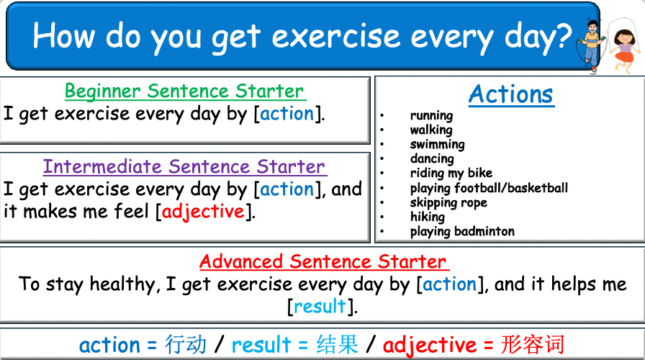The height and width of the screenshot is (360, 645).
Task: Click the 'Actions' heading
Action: (x=511, y=94)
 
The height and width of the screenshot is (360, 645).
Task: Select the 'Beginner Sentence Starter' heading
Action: (x=184, y=91)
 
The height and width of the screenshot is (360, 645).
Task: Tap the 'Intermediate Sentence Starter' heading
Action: (x=184, y=167)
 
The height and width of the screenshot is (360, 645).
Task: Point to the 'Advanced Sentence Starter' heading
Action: (x=323, y=261)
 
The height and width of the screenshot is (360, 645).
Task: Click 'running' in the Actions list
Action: (x=431, y=115)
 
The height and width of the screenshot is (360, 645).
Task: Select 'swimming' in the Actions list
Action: (x=437, y=144)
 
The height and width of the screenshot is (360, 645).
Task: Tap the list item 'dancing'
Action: (x=432, y=158)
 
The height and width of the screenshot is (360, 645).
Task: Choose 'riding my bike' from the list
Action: (x=451, y=173)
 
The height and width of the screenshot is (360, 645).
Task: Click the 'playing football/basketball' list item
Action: (x=489, y=188)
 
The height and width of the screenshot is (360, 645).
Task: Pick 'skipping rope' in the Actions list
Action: (x=448, y=202)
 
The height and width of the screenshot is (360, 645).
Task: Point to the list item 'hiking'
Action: (x=427, y=217)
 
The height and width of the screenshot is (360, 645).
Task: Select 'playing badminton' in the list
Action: (x=462, y=231)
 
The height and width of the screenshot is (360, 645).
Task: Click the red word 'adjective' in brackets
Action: (x=203, y=212)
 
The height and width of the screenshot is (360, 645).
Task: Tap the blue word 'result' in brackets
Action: (x=320, y=306)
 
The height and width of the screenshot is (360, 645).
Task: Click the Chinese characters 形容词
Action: (x=533, y=344)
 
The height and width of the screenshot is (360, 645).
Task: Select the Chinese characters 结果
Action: (x=338, y=344)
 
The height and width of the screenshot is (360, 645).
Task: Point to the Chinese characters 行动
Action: (x=185, y=344)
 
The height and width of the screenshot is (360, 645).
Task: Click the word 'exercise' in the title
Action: (x=340, y=35)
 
